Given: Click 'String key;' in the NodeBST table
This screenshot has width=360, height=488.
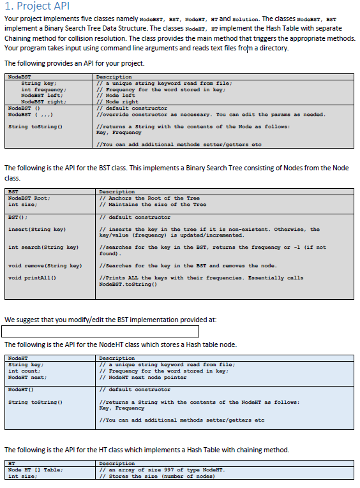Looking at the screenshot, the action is pyautogui.click(x=39, y=83).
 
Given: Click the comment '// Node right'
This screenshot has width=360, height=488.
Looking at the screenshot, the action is pyautogui.click(x=117, y=101).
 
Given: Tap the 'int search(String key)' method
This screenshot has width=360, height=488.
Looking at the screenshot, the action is pyautogui.click(x=43, y=247).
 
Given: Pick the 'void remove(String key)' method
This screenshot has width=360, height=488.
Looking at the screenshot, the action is pyautogui.click(x=45, y=265).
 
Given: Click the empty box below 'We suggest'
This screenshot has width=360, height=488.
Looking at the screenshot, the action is pyautogui.click(x=100, y=331).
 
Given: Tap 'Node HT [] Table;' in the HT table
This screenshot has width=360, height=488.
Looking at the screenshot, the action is pyautogui.click(x=35, y=470).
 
